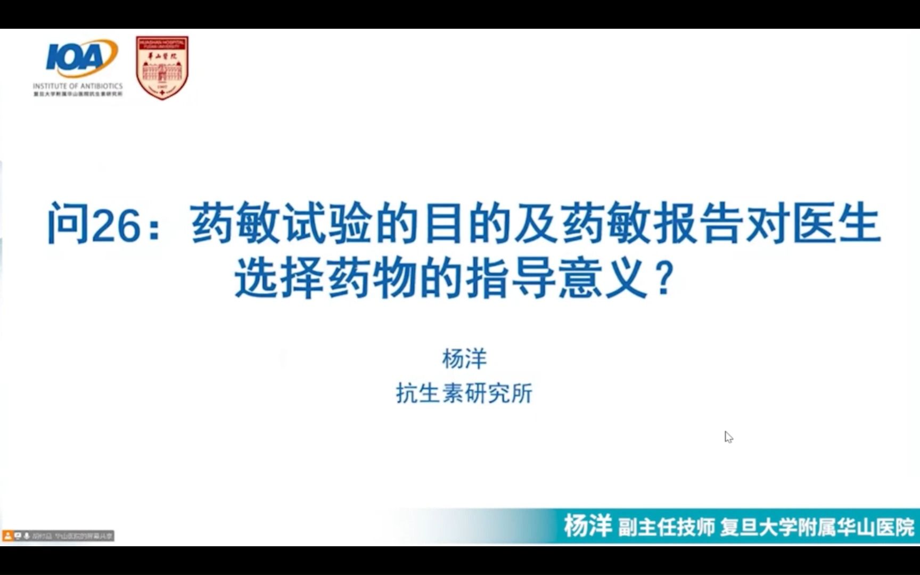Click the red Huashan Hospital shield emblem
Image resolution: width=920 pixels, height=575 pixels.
click(162, 68)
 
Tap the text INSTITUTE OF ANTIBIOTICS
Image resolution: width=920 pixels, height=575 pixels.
click(78, 86)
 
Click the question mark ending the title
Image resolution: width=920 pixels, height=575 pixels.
click(663, 278)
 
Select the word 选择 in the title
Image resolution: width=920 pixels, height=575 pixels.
click(280, 278)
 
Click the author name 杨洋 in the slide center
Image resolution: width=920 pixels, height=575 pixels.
click(464, 359)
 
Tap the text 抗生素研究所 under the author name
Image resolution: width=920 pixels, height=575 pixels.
click(464, 394)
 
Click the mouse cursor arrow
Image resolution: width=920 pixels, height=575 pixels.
click(728, 437)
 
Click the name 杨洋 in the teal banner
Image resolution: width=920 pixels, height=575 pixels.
click(587, 527)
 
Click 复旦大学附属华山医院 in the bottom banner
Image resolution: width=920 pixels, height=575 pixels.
click(817, 528)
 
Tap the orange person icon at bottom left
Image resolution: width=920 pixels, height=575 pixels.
click(8, 536)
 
